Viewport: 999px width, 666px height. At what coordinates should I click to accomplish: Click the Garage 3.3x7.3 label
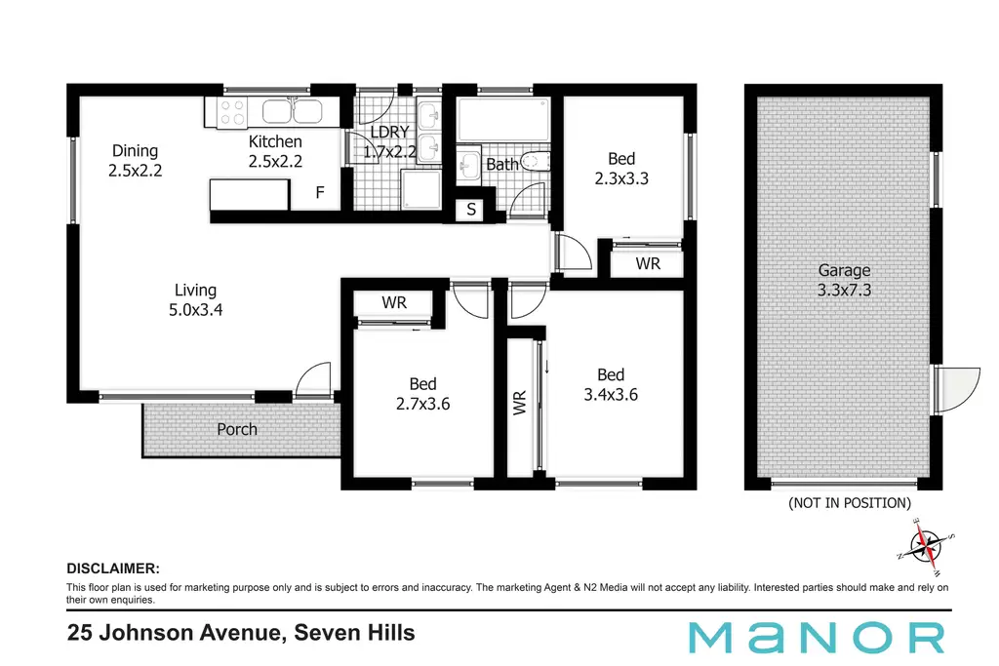[x=844, y=280]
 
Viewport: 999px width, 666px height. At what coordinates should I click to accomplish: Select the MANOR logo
[x=817, y=638]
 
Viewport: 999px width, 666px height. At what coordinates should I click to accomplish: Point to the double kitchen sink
[x=293, y=111]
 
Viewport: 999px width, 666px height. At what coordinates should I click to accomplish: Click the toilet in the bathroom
[x=536, y=161]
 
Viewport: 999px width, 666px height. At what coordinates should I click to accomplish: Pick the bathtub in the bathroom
[x=503, y=119]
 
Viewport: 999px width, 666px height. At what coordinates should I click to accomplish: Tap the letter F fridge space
[x=320, y=192]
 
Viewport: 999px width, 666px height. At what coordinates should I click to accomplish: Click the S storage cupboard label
[x=471, y=209]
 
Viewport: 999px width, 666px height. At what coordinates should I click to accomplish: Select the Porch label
[x=237, y=430]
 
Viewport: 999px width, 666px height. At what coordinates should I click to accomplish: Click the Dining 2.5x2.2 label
[x=135, y=161]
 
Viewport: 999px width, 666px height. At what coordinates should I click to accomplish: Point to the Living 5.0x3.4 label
[x=195, y=300]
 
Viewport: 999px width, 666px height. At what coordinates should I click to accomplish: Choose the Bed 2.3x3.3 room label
[x=621, y=168]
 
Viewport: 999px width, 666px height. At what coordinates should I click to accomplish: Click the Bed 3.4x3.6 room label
[x=611, y=384]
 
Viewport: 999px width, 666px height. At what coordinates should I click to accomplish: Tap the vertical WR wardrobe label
[x=520, y=403]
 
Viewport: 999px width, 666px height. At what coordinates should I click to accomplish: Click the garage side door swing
[x=957, y=389]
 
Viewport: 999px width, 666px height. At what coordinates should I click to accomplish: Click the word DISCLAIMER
[x=113, y=568]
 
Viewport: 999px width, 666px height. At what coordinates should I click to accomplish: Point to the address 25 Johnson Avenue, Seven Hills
[x=241, y=633]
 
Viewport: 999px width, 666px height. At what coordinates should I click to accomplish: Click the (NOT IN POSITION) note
[x=850, y=503]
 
